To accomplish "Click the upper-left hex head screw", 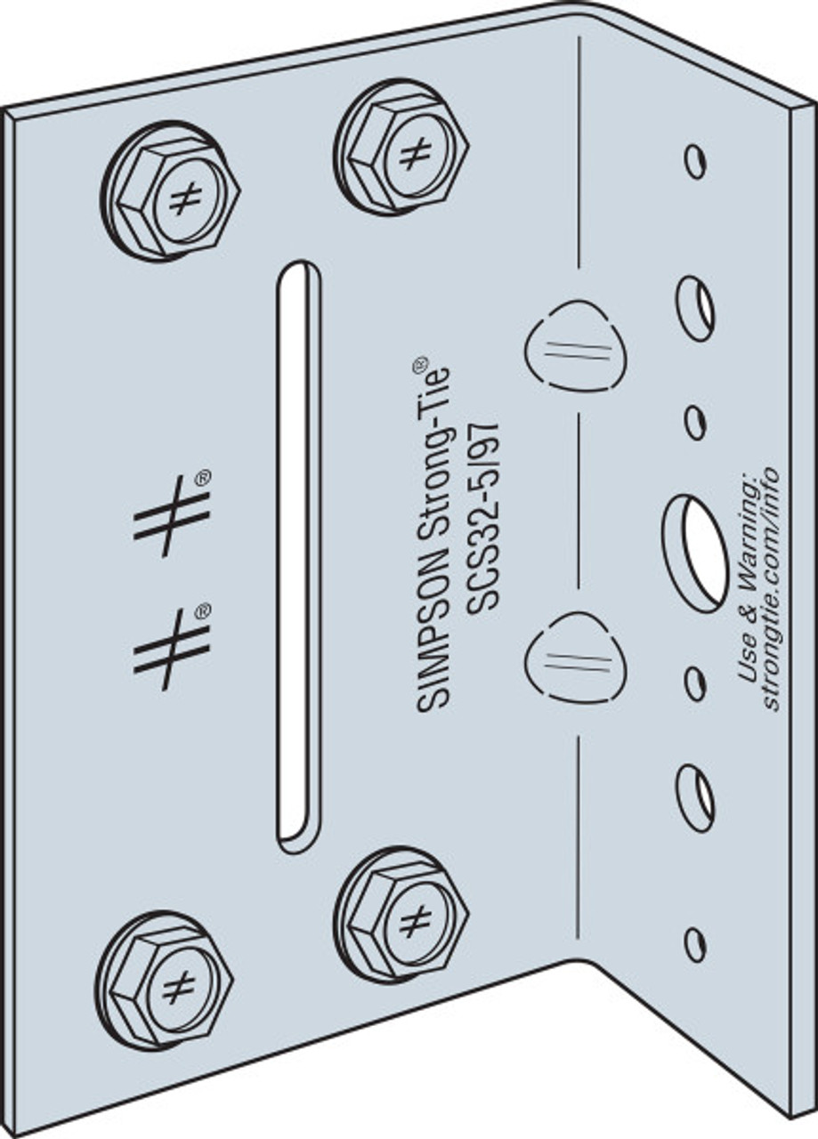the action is click(171, 192).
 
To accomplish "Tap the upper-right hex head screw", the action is click(401, 148).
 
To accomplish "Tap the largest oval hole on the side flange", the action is click(695, 553).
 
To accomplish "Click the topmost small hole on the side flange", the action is click(695, 161).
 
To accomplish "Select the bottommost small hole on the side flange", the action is click(695, 943).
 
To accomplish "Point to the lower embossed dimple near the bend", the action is click(575, 658).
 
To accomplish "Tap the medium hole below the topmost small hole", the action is click(695, 308).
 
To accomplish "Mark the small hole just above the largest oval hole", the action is click(695, 421).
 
